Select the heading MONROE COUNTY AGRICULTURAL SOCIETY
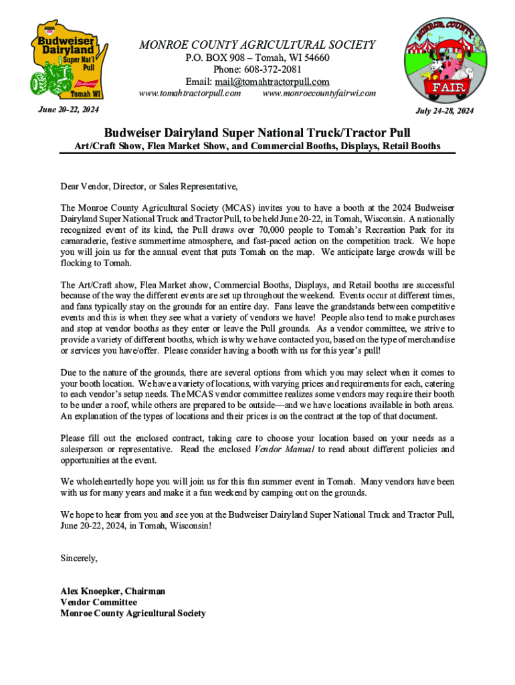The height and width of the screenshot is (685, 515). click(257, 45)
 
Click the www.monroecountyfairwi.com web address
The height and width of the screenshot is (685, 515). click(319, 93)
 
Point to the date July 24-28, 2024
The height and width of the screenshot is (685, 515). click(445, 111)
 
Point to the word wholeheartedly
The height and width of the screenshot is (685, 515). click(103, 482)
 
